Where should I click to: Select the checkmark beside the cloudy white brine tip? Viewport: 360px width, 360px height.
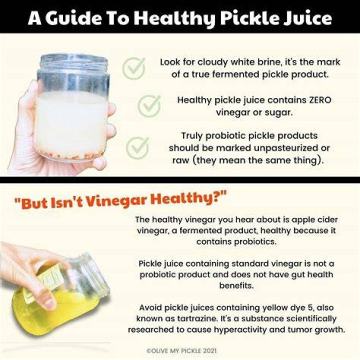134,68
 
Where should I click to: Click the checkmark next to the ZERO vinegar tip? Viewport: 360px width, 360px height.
149,106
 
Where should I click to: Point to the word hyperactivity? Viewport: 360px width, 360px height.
240,330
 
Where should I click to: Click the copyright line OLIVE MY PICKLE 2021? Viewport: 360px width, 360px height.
181,350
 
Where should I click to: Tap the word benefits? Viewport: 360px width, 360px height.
236,285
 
